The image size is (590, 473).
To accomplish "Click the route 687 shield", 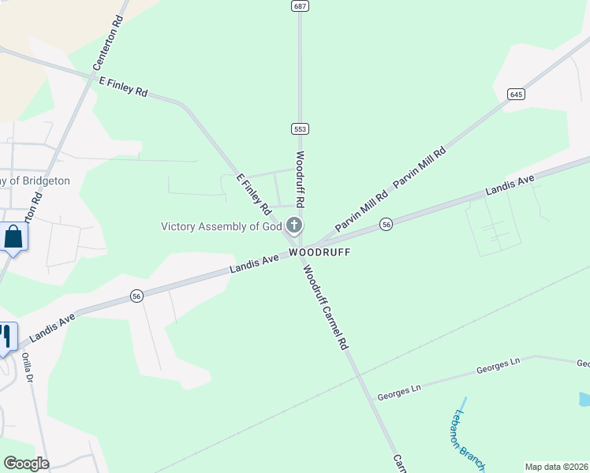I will (299, 6).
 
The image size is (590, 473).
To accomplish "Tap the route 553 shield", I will (299, 128).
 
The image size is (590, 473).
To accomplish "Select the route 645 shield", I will (516, 94).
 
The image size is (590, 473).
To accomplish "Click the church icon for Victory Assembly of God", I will (293, 226).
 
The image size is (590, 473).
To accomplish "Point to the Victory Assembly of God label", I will (221, 227).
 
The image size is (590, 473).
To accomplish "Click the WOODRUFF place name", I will (319, 252).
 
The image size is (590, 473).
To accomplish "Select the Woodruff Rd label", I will (301, 180).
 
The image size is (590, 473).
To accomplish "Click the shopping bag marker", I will (13, 236).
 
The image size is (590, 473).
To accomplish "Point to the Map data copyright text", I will (556, 467).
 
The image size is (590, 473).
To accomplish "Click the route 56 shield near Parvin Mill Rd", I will (386, 224).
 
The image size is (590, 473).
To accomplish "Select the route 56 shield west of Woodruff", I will (137, 296).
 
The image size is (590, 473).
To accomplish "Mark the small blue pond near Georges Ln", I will (584, 400).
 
